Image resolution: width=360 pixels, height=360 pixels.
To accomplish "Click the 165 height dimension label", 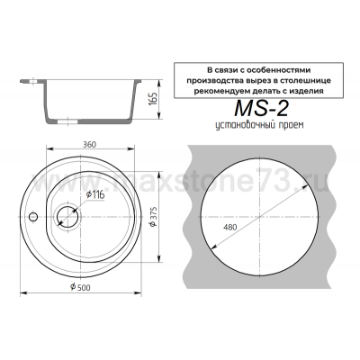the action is [x=152, y=100].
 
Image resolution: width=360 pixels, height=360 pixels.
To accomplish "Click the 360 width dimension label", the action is [x=89, y=144].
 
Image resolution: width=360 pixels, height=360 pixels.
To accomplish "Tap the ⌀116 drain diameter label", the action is [x=95, y=195].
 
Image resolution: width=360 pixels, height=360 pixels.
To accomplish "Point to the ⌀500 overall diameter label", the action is [x=80, y=287].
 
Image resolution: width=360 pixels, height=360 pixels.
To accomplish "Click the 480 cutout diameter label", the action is [x=230, y=228].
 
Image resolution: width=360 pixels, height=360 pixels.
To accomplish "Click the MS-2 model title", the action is [x=261, y=109].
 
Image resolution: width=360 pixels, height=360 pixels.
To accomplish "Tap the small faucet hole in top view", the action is [x=32, y=217].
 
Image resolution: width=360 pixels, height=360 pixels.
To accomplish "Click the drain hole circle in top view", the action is [x=67, y=216].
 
